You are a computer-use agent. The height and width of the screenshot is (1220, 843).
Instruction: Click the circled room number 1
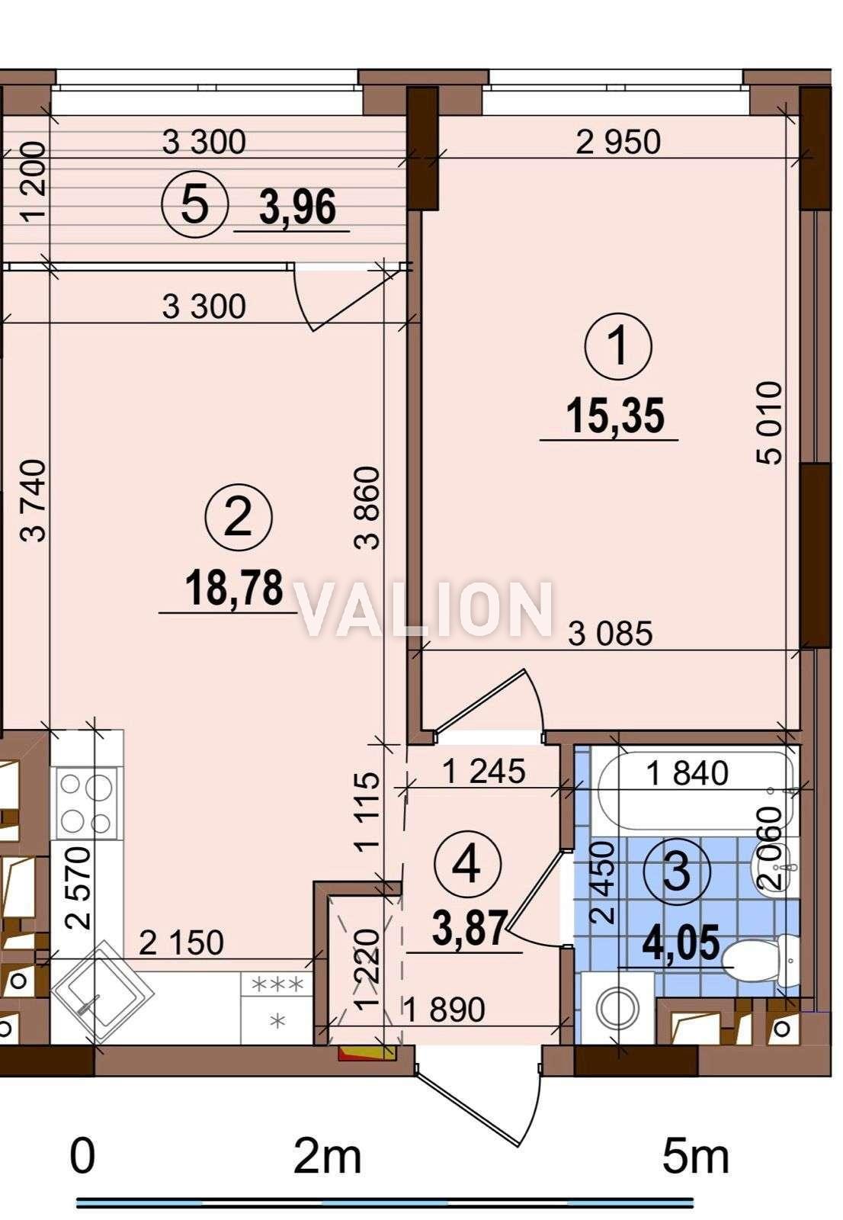tap(617, 346)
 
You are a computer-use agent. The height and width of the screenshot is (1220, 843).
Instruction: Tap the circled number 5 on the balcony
tap(194, 204)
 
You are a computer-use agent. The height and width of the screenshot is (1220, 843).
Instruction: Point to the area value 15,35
tap(615, 416)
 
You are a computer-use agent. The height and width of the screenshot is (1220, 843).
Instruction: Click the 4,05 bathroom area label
tap(680, 941)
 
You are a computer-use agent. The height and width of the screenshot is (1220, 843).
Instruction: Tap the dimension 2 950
tap(618, 142)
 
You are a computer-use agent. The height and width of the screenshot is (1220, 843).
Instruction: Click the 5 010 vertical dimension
tap(769, 422)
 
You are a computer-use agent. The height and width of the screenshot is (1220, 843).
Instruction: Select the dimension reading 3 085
tap(610, 634)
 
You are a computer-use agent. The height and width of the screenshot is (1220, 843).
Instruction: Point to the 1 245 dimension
tap(483, 771)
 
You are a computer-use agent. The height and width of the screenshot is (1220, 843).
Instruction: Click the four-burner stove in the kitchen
tap(87, 803)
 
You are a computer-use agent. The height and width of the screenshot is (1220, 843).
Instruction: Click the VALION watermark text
tap(425, 608)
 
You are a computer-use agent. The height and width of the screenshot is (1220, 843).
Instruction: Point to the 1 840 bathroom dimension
tap(687, 773)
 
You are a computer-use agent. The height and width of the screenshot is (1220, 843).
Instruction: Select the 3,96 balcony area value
tap(297, 207)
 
